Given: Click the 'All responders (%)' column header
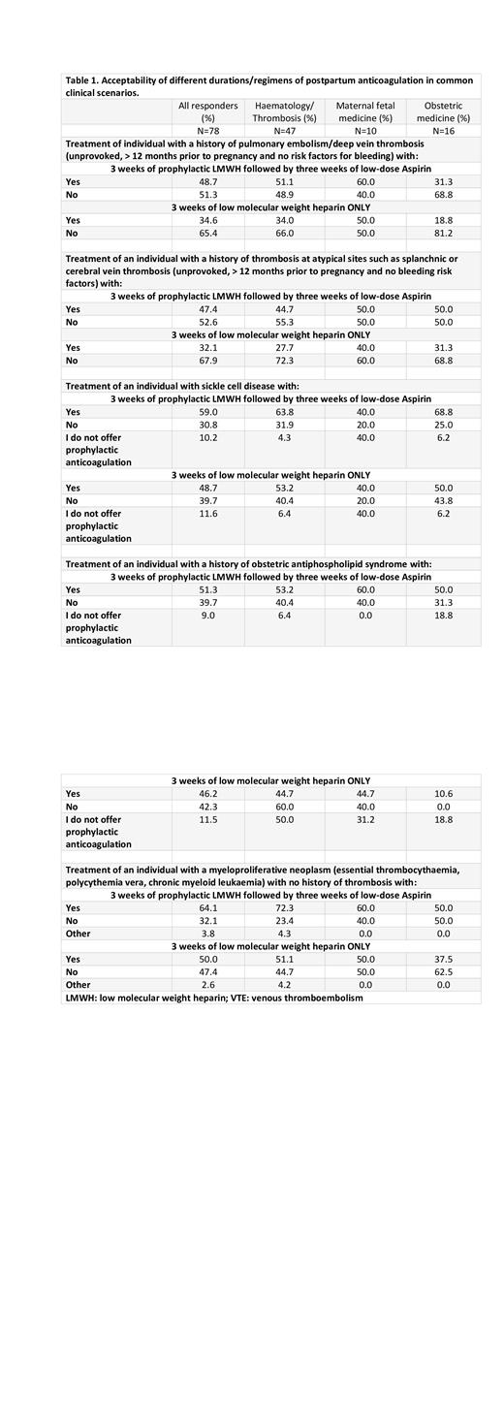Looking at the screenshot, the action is pos(207,111).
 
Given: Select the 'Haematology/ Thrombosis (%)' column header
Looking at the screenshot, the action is pos(284,111).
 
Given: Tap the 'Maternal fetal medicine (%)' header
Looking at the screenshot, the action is pos(364,111).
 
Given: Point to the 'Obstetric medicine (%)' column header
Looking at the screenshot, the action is pos(443,111).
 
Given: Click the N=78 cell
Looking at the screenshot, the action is pos(207,131).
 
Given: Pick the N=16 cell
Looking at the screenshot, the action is pos(443,131).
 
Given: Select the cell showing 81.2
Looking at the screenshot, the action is pos(443,233).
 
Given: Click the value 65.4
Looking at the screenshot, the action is pos(207,233).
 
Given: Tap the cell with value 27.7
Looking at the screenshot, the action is pos(284,347).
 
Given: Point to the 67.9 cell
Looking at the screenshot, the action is pos(207,361).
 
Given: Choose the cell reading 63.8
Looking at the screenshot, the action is pos(284,411).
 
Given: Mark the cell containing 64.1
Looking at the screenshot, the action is pos(207,908).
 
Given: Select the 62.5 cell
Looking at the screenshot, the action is pos(443,971).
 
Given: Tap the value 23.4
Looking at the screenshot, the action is pos(284,921).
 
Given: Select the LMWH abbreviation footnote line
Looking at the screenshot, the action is pos(213,997).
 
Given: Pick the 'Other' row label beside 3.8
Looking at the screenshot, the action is pos(79,934).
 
